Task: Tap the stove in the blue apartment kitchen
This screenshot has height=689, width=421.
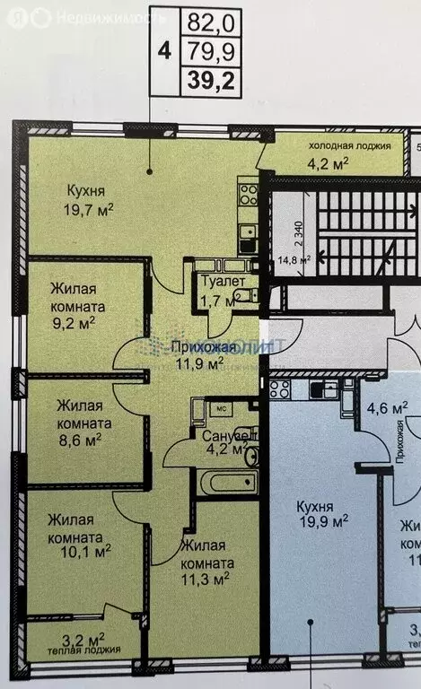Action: pyautogui.click(x=280, y=388)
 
